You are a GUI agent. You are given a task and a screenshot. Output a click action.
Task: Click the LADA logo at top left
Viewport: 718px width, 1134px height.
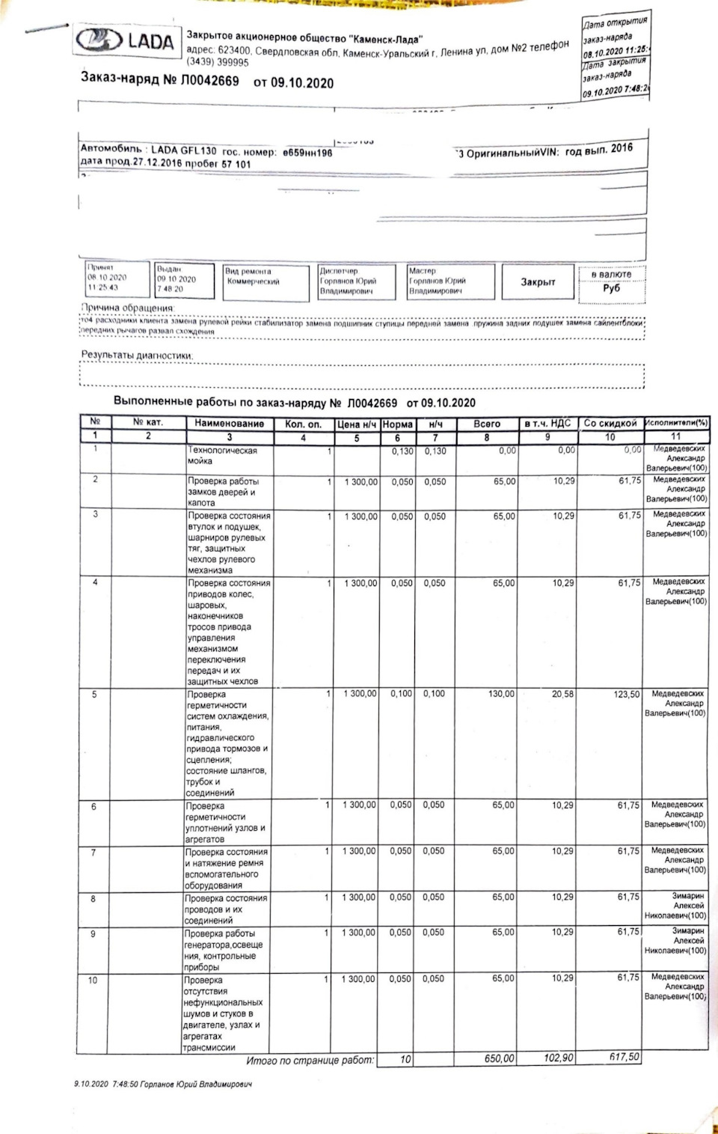126,41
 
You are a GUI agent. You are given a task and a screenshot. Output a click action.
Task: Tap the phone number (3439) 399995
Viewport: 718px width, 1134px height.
218,63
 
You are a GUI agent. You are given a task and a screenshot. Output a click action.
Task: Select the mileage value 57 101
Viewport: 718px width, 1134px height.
236,164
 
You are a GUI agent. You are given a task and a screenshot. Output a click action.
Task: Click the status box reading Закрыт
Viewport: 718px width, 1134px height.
538,282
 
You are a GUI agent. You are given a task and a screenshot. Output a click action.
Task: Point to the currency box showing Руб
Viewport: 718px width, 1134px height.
611,288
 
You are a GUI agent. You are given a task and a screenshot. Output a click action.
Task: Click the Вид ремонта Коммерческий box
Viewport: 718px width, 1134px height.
266,282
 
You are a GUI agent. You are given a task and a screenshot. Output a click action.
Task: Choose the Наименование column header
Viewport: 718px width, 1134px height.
229,424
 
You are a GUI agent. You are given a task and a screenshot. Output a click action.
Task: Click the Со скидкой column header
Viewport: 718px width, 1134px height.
610,424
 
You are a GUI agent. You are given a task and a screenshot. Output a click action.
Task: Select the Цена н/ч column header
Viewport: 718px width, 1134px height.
356,424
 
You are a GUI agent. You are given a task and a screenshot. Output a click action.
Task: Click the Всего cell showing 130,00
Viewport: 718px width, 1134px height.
501,695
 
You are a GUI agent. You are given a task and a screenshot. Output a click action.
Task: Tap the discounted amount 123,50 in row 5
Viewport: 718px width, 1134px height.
626,695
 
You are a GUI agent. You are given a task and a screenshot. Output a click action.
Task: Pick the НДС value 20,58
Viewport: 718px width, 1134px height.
562,695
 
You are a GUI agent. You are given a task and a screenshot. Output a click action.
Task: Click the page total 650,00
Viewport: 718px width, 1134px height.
499,1059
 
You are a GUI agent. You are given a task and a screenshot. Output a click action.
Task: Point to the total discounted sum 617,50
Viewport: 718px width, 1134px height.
624,1058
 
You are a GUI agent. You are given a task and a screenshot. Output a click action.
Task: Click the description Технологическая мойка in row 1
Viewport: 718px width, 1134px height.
222,456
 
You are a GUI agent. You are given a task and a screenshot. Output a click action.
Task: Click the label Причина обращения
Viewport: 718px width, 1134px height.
127,308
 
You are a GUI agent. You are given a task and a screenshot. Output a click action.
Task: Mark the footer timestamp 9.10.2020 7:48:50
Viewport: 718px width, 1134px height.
101,1084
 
